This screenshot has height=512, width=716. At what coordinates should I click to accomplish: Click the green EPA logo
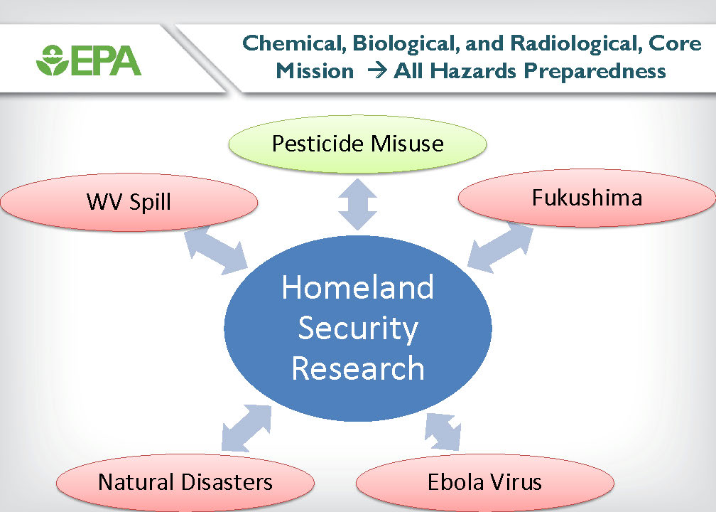[89, 60]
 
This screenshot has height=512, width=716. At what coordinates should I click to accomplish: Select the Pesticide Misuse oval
[357, 144]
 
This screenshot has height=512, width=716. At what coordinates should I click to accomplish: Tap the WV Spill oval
[129, 202]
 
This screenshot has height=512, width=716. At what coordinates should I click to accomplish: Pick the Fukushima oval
[587, 198]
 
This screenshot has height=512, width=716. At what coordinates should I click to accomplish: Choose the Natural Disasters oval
[185, 482]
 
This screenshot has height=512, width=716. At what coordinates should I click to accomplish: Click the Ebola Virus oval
[485, 482]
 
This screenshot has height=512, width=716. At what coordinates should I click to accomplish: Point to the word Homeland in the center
[357, 287]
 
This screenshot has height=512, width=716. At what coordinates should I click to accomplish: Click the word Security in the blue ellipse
[358, 329]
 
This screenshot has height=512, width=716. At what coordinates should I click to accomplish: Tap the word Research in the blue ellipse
[358, 368]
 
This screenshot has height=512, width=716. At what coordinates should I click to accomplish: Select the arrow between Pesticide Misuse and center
[357, 204]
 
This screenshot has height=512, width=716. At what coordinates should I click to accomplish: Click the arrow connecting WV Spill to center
[216, 250]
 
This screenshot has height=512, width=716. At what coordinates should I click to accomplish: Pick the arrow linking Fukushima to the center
[501, 247]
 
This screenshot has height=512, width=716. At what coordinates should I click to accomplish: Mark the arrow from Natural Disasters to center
[246, 428]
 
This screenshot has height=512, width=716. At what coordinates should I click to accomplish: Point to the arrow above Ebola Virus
[443, 432]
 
